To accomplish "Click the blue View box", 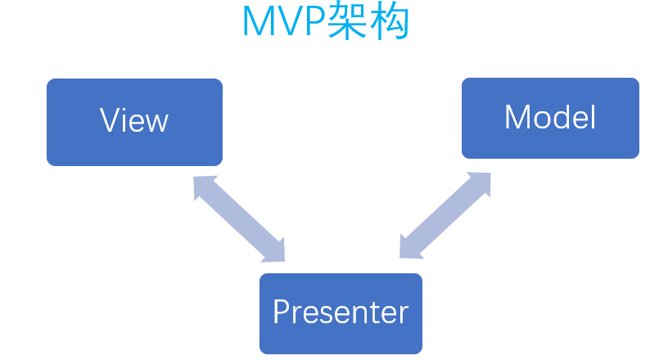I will (134, 122).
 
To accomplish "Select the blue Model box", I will (550, 118).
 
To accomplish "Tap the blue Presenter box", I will (341, 313).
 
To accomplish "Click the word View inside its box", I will (134, 121).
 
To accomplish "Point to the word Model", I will (550, 118).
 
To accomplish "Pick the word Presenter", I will (341, 312).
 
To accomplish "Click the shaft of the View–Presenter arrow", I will (239, 218).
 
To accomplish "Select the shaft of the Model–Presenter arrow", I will (445, 215).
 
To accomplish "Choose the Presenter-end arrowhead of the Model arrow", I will (409, 248).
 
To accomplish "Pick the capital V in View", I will (110, 121).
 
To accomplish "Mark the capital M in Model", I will (517, 118).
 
